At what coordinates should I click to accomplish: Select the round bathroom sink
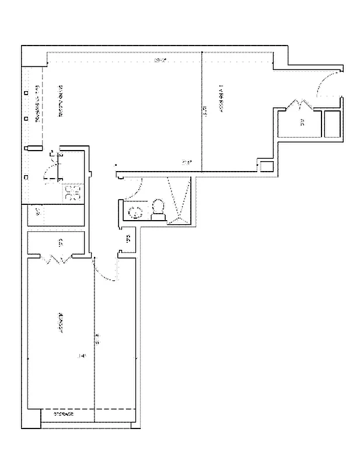(135, 211)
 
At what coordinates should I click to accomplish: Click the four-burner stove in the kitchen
(72, 193)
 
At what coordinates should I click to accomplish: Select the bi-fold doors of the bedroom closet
(57, 259)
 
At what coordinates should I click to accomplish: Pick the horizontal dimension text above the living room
(156, 61)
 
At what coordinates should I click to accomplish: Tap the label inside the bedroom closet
(60, 242)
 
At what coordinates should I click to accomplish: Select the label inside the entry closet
(302, 123)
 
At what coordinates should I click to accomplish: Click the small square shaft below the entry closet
(265, 166)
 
